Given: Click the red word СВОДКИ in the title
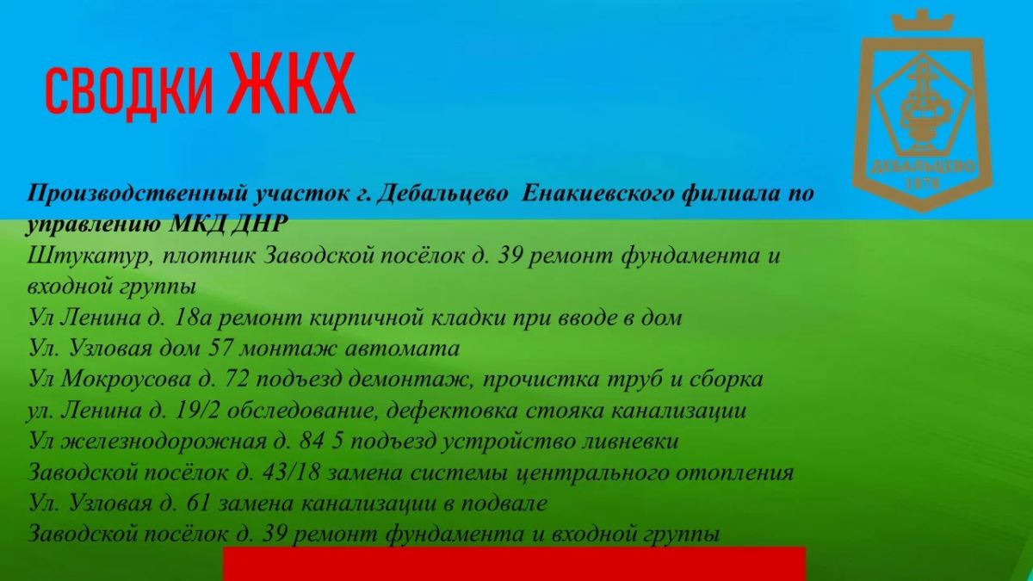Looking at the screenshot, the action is (129, 91).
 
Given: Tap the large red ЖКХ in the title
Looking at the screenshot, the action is (292, 83).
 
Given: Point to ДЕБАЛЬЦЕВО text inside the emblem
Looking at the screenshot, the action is (922, 167).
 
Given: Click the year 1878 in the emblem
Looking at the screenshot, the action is (922, 183).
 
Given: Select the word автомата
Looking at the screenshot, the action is (402, 349).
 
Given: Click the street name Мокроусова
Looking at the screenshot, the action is (126, 380).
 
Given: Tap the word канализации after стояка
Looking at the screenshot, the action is (678, 411).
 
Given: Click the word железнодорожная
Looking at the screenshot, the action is (164, 442).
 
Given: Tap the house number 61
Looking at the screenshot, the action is (196, 504).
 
